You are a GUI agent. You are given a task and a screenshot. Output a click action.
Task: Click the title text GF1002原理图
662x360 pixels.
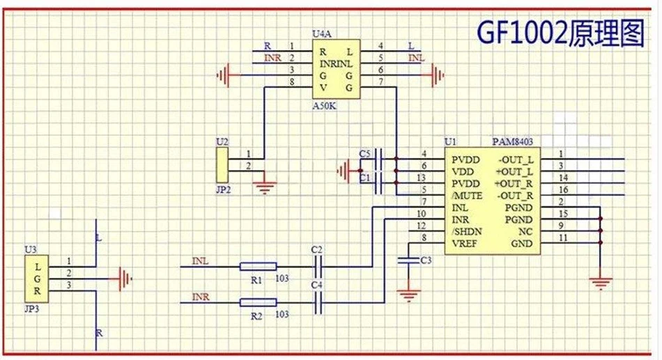(560, 33)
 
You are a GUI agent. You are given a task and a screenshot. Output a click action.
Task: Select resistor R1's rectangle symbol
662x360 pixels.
(258, 266)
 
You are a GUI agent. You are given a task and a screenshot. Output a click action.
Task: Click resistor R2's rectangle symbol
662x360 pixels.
(258, 302)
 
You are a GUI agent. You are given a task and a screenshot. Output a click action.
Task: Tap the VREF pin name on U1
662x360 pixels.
(465, 244)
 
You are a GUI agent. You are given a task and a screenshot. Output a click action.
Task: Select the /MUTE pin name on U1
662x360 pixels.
(468, 195)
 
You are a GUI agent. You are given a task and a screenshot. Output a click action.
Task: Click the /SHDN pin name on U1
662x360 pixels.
(468, 232)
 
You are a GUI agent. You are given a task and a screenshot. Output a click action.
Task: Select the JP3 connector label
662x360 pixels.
(31, 306)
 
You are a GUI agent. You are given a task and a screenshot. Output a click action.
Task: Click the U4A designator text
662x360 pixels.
(322, 33)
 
